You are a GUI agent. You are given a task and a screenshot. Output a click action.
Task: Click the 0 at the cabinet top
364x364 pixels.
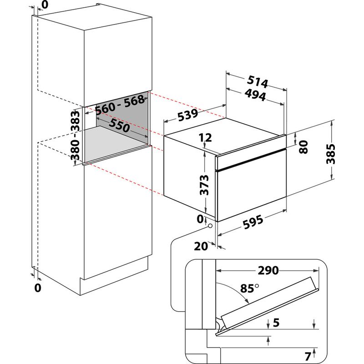pos(45,5)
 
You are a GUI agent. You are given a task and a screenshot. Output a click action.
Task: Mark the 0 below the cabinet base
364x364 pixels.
pos(38,287)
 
